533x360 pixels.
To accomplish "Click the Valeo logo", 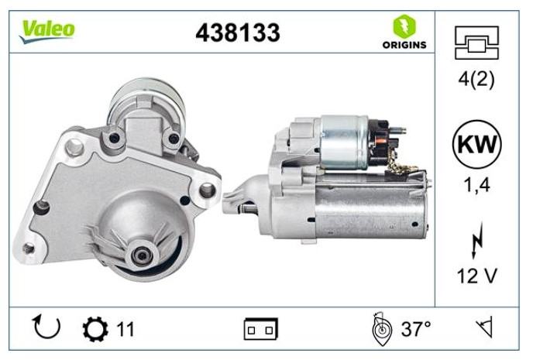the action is pos(46,31).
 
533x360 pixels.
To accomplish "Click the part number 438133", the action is pos(238,33).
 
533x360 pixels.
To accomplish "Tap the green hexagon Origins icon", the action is pos(404,26).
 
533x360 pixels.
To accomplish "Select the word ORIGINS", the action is pos(404,45).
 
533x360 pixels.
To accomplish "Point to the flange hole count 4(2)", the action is pos(476,80).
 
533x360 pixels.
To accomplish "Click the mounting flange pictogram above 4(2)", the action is pos(476,43).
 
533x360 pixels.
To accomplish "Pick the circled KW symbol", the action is pos(477,144).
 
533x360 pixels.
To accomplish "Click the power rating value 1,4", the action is pos(477,186).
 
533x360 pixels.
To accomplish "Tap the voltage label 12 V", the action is pos(477,276).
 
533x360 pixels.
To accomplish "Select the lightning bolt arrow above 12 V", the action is pos(477,240).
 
